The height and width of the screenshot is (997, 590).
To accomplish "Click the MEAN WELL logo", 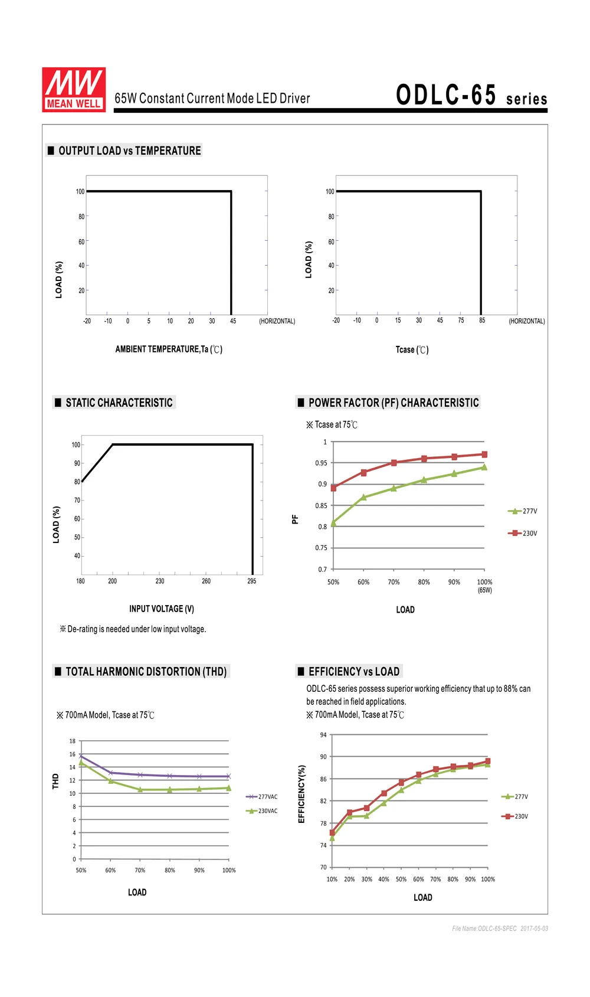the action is (74, 90).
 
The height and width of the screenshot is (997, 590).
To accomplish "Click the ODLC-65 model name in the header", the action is (446, 95).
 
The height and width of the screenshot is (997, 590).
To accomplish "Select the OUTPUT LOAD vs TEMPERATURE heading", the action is (129, 151).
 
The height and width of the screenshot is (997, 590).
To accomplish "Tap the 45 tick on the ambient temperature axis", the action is (232, 321).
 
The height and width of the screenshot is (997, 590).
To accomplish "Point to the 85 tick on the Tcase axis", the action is (482, 321).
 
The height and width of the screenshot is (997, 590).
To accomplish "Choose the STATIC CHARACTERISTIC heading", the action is (119, 403).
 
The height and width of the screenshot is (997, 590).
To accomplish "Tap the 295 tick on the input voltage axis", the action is (252, 581).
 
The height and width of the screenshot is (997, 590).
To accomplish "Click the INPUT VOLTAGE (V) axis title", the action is (162, 609).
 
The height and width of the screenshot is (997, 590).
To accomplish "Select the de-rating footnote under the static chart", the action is (133, 629).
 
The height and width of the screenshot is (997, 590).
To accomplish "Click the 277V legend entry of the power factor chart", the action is (522, 511).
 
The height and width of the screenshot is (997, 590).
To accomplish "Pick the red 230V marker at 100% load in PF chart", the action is (484, 455).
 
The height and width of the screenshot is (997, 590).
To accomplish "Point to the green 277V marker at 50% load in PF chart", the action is (333, 524).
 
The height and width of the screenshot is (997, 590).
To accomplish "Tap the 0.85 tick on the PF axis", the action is (321, 506).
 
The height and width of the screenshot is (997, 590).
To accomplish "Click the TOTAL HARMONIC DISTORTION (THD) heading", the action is (146, 672).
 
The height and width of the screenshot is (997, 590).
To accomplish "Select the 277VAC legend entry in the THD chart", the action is (261, 797).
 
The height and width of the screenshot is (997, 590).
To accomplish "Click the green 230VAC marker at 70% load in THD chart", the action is (140, 789).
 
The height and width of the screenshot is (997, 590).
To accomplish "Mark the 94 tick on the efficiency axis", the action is (323, 735).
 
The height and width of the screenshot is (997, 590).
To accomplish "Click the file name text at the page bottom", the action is (500, 928).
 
